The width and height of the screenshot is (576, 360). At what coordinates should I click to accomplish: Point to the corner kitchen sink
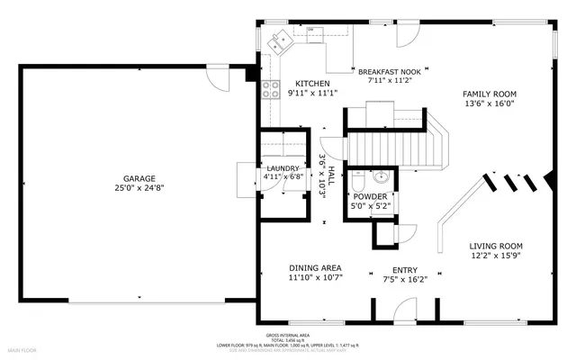281,39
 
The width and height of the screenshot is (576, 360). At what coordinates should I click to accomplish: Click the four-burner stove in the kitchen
268,88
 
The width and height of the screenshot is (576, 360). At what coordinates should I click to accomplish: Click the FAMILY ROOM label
490,94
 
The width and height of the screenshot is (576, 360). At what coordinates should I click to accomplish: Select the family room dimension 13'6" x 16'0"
490,103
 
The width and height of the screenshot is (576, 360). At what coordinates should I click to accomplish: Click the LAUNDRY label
283,167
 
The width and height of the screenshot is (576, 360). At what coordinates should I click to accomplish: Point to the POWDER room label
369,196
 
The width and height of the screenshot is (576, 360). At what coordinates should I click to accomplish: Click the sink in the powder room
381,176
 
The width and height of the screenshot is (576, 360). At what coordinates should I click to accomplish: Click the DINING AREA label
314,268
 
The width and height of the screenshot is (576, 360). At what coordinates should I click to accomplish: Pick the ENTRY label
404,269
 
